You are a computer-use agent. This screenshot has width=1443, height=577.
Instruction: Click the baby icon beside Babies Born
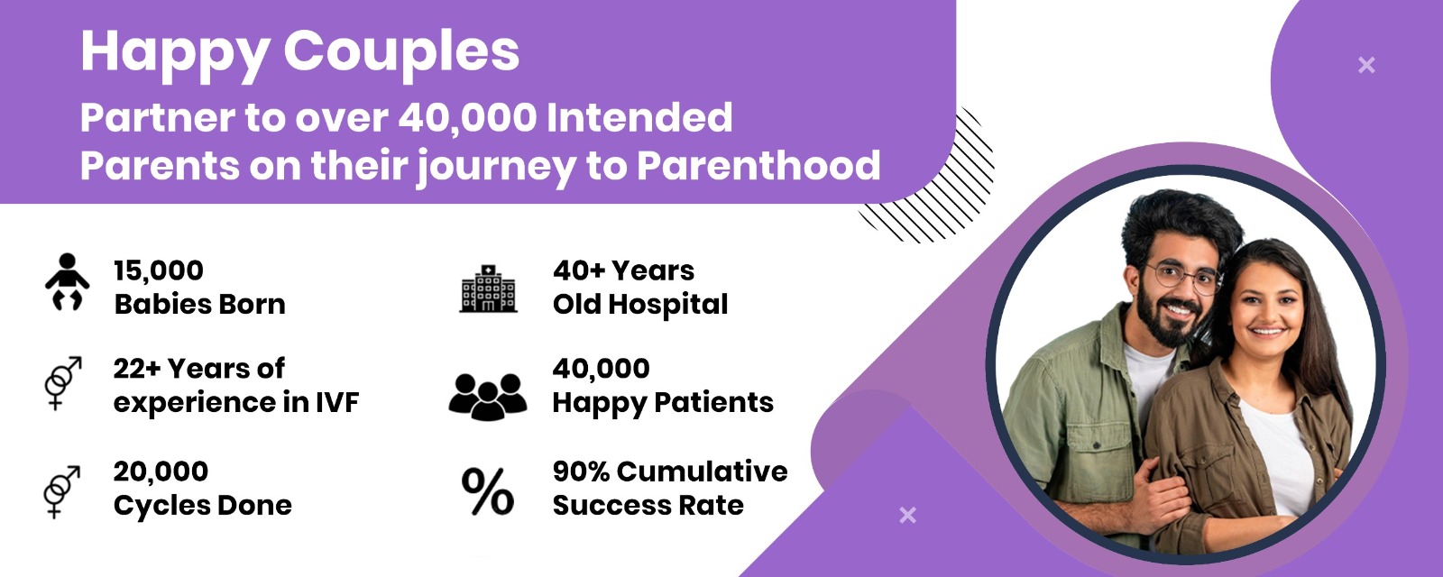(67, 282)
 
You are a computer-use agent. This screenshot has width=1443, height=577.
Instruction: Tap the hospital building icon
(488, 288)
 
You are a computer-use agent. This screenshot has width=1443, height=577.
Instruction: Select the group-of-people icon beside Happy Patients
(488, 397)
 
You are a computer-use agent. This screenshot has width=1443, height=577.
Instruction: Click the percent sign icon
(488, 491)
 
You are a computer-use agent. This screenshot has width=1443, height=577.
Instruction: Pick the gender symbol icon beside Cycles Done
(62, 491)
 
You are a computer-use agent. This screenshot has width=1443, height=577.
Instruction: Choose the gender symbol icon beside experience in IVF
(63, 382)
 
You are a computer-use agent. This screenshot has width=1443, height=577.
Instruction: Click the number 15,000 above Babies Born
(159, 270)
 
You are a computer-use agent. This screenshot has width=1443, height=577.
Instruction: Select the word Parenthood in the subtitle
(758, 166)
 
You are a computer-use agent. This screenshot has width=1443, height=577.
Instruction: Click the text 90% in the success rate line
(581, 472)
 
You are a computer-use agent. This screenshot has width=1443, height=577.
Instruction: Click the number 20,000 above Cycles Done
(161, 472)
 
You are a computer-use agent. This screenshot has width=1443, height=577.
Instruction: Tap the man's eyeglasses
(1184, 277)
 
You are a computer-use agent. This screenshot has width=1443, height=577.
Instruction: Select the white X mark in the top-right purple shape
(1366, 65)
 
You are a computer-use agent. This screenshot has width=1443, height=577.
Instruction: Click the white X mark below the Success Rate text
(907, 515)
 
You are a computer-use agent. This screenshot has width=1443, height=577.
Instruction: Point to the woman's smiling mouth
(1266, 332)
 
